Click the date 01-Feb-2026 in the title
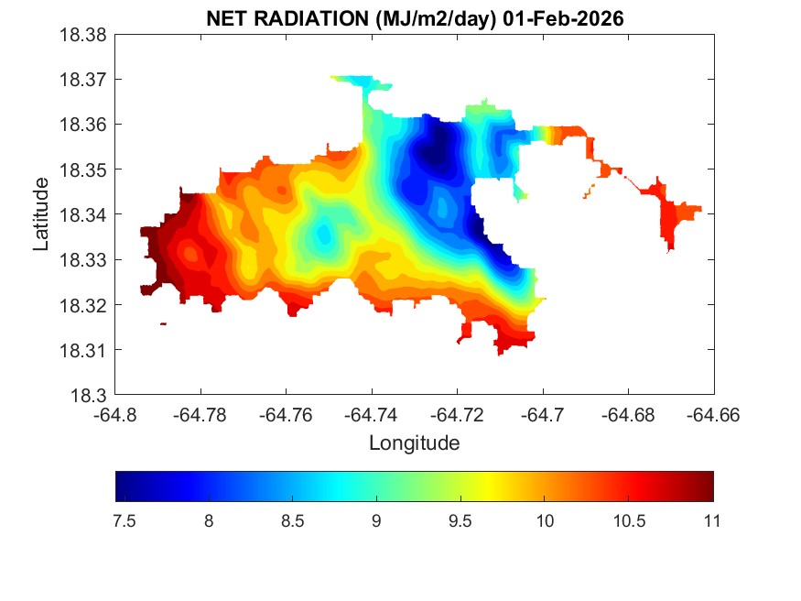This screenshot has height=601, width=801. (x=571, y=19)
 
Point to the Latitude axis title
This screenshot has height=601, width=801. (x=41, y=215)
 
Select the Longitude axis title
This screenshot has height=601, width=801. (x=414, y=443)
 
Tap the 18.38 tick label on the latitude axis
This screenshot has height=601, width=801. (x=84, y=35)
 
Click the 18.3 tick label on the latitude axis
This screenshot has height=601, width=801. (x=92, y=396)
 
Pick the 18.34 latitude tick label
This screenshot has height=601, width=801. (x=84, y=215)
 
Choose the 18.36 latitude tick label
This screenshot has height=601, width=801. (x=84, y=125)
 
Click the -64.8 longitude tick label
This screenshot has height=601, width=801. (x=116, y=415)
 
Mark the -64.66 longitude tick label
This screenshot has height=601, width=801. (x=714, y=415)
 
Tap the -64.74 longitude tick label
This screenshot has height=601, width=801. (x=373, y=415)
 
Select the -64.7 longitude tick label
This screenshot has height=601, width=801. (x=543, y=415)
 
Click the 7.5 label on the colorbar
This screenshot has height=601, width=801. (x=124, y=521)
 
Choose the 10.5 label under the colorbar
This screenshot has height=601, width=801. (x=628, y=521)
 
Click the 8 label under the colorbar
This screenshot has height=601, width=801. (x=209, y=521)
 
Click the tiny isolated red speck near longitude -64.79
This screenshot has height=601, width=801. (x=163, y=323)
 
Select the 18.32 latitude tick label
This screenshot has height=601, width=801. (x=84, y=305)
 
